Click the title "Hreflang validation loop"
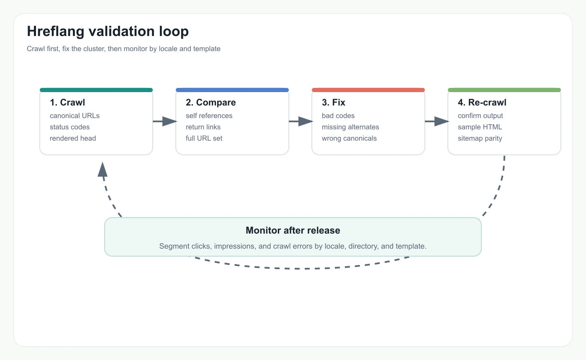coord(108,31)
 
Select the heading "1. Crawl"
coord(67,103)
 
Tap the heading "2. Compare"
coord(211,103)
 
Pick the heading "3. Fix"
coord(334,103)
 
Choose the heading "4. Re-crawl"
coord(482,103)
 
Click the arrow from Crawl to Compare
coord(164,121)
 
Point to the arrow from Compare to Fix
coord(301,121)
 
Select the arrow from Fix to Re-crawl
coord(437,121)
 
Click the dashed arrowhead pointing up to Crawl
coord(103,170)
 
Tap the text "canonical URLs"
coord(75,116)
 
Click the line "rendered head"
coord(73,139)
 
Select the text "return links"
coord(203,127)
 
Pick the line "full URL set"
coord(204,139)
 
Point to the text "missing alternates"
coord(350,127)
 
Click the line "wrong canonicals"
coord(349,139)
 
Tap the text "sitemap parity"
coord(480,139)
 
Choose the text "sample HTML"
coord(480,127)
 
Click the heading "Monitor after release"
coord(293,230)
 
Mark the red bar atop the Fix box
coord(368,90)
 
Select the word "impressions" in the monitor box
coord(234,246)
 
